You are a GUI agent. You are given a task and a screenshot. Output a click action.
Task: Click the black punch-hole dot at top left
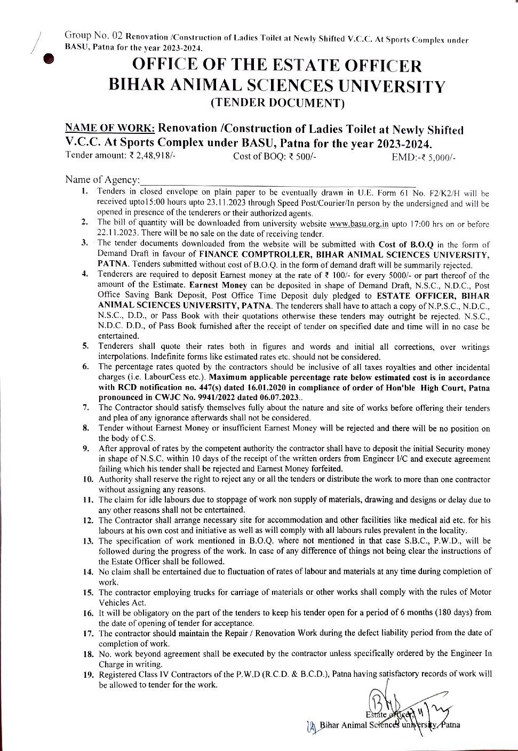click(49, 58)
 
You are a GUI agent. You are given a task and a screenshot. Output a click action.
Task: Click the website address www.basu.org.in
click(359, 224)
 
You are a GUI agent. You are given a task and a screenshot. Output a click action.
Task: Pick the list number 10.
click(88, 479)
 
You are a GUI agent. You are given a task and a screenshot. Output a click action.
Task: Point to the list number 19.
click(88, 675)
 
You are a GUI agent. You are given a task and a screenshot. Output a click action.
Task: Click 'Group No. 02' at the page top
click(94, 36)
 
